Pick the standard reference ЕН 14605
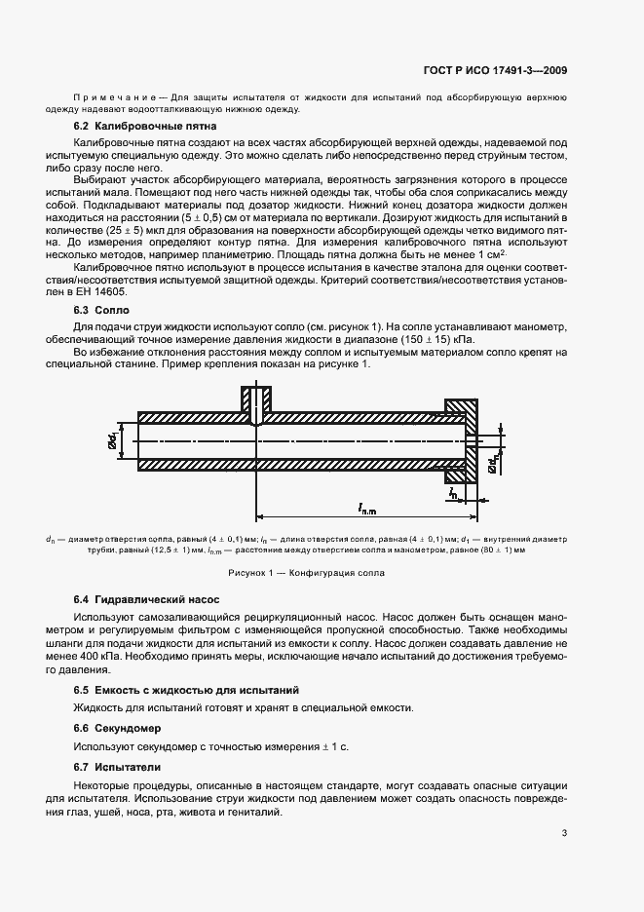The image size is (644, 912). [x=119, y=291]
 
